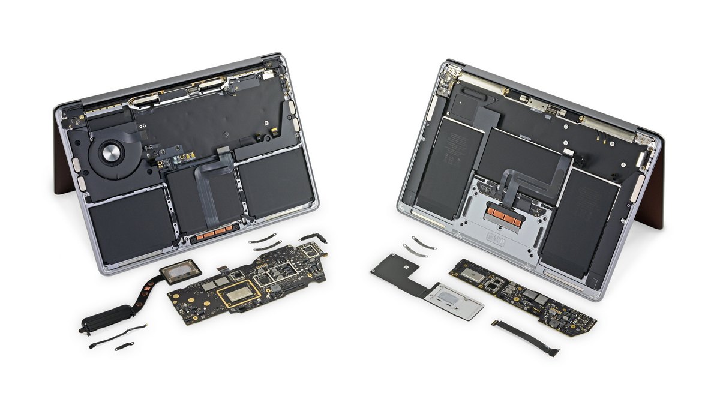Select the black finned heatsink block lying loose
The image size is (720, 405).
[106, 318]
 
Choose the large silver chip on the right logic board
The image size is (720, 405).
[472, 274]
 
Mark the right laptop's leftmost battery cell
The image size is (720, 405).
[447, 162]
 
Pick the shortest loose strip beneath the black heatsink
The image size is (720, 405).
[124, 346]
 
